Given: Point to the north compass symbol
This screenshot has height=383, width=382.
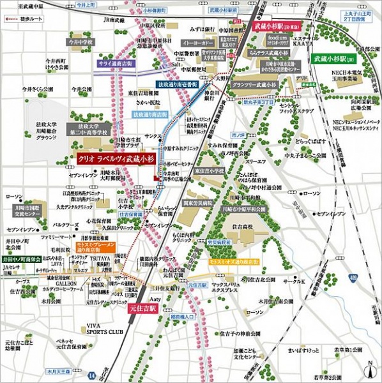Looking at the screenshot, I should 368,369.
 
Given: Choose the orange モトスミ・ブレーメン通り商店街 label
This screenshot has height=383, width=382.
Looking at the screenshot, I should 96,246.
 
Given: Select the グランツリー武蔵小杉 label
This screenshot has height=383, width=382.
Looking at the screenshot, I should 254,84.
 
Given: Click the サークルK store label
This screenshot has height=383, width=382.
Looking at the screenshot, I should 295,281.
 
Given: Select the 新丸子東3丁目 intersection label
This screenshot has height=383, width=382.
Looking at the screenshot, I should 259,101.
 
